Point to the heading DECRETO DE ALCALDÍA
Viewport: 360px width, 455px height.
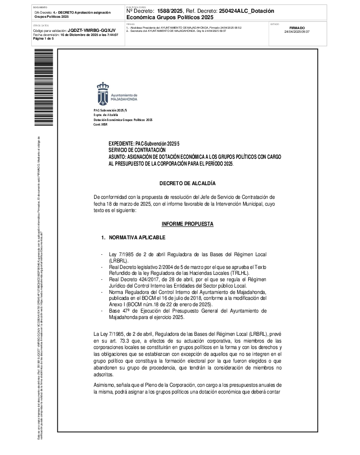tap(187, 183)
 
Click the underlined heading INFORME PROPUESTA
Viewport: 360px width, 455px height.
tap(187, 224)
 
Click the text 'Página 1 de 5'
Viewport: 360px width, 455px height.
tap(44, 39)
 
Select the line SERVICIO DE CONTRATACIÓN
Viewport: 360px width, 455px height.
tap(137, 150)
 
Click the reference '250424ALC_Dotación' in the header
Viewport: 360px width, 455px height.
tap(246, 11)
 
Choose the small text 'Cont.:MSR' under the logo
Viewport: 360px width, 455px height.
tap(100, 124)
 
